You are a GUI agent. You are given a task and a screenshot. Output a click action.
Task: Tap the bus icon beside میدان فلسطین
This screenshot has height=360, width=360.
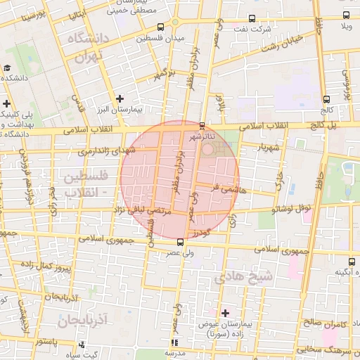point(161,27)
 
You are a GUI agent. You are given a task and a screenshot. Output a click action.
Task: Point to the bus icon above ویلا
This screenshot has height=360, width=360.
point(345,15)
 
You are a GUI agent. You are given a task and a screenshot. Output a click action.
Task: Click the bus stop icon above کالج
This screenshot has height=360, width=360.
point(326,99)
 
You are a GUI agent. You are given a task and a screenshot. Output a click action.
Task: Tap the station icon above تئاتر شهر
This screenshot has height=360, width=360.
point(202,125)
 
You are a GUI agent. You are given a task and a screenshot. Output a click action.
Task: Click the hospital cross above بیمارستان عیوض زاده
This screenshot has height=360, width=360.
point(225,312)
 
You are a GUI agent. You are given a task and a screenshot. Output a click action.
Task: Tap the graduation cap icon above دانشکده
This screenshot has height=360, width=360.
point(6,68)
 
